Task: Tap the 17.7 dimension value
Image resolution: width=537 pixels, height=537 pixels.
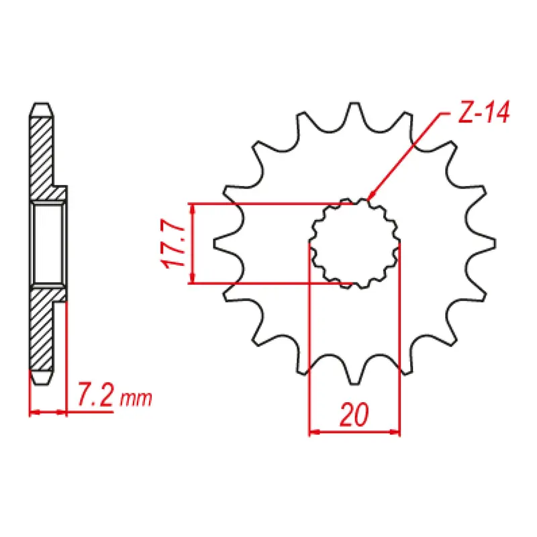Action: click(x=174, y=244)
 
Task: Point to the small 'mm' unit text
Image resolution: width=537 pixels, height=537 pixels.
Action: click(x=136, y=400)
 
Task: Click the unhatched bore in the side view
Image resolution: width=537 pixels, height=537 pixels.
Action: click(x=48, y=244)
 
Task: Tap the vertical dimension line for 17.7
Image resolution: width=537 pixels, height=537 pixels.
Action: click(x=193, y=244)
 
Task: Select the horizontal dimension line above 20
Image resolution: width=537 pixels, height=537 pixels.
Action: click(x=354, y=432)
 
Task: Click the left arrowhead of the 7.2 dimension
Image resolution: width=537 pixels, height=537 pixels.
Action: click(x=34, y=411)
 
